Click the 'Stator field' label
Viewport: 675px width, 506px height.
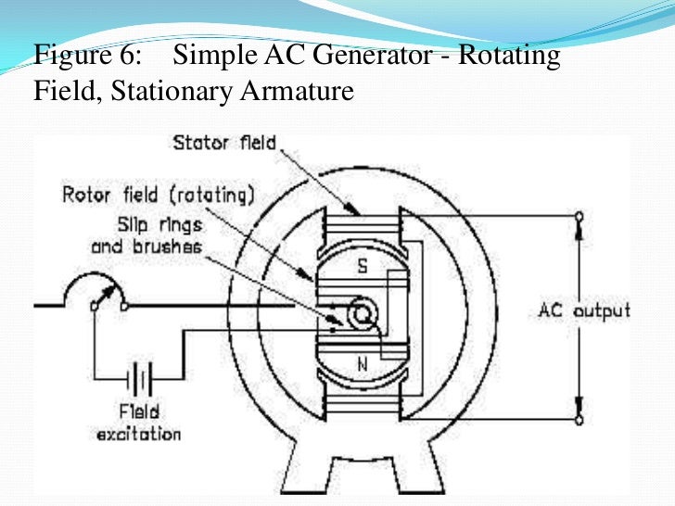coord(224,144)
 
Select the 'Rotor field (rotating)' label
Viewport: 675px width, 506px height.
coord(158,196)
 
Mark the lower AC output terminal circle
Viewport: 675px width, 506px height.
coord(579,419)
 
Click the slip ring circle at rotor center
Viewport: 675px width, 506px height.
coord(361,315)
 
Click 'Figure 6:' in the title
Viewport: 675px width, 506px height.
coord(87,56)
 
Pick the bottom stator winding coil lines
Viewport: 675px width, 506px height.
coord(362,403)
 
